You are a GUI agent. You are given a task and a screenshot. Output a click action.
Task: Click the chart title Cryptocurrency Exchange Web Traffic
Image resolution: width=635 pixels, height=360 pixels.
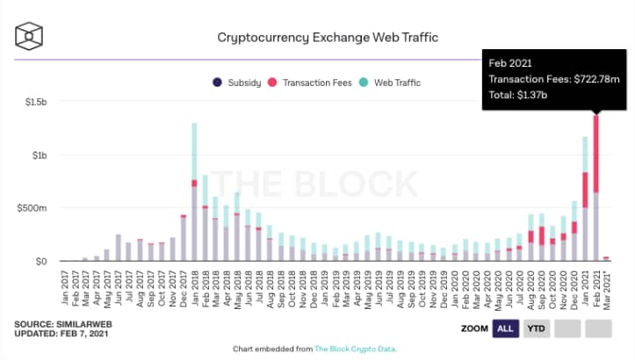(x=327, y=38)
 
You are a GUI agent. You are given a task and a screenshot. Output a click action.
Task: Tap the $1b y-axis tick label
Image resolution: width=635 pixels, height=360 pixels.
(x=40, y=155)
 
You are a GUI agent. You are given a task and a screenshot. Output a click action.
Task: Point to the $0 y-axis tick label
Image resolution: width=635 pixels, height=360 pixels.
(x=40, y=261)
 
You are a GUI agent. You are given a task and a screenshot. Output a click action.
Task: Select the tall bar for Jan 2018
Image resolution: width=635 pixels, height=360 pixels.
(x=194, y=193)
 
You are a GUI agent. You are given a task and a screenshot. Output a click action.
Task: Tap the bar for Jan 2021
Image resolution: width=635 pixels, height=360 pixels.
(x=584, y=202)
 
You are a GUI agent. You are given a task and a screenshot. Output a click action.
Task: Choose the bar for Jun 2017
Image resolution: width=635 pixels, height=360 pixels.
(x=118, y=248)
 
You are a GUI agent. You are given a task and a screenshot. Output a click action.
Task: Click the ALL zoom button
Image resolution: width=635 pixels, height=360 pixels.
(x=505, y=328)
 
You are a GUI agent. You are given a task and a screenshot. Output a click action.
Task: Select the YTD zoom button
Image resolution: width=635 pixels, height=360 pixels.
(x=535, y=328)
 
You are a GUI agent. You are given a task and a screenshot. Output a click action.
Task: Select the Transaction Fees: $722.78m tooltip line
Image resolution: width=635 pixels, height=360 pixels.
(x=557, y=80)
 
